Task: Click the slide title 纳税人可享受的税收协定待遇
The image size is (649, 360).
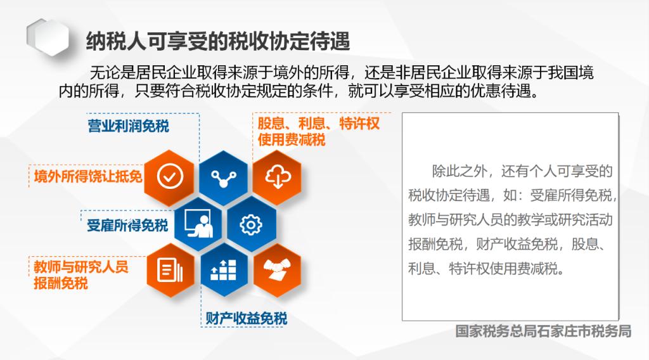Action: pyautogui.click(x=218, y=41)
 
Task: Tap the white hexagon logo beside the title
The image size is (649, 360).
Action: pyautogui.click(x=48, y=37)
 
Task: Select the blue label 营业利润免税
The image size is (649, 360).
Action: pyautogui.click(x=128, y=125)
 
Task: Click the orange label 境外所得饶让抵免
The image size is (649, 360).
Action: pyautogui.click(x=88, y=176)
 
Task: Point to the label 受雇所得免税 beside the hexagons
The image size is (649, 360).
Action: pyautogui.click(x=127, y=226)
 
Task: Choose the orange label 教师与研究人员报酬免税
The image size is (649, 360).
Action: pyautogui.click(x=81, y=275)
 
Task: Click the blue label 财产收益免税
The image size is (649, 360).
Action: pyautogui.click(x=247, y=318)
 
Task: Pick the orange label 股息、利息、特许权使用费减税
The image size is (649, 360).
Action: pyautogui.click(x=318, y=131)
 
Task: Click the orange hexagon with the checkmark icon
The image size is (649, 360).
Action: pyautogui.click(x=170, y=177)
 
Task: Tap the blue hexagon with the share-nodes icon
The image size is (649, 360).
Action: pyautogui.click(x=224, y=178)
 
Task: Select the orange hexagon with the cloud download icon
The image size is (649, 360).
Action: pyautogui.click(x=278, y=177)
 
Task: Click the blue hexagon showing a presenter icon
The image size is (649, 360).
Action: pyautogui.click(x=198, y=224)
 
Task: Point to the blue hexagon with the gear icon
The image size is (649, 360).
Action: pyautogui.click(x=251, y=225)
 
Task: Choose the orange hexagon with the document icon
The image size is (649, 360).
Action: pyautogui.click(x=170, y=271)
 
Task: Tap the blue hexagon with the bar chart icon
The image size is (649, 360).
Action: pyautogui.click(x=224, y=271)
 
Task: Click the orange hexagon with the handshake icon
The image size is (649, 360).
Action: pyautogui.click(x=278, y=271)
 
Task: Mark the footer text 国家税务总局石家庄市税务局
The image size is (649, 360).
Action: pyautogui.click(x=543, y=331)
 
